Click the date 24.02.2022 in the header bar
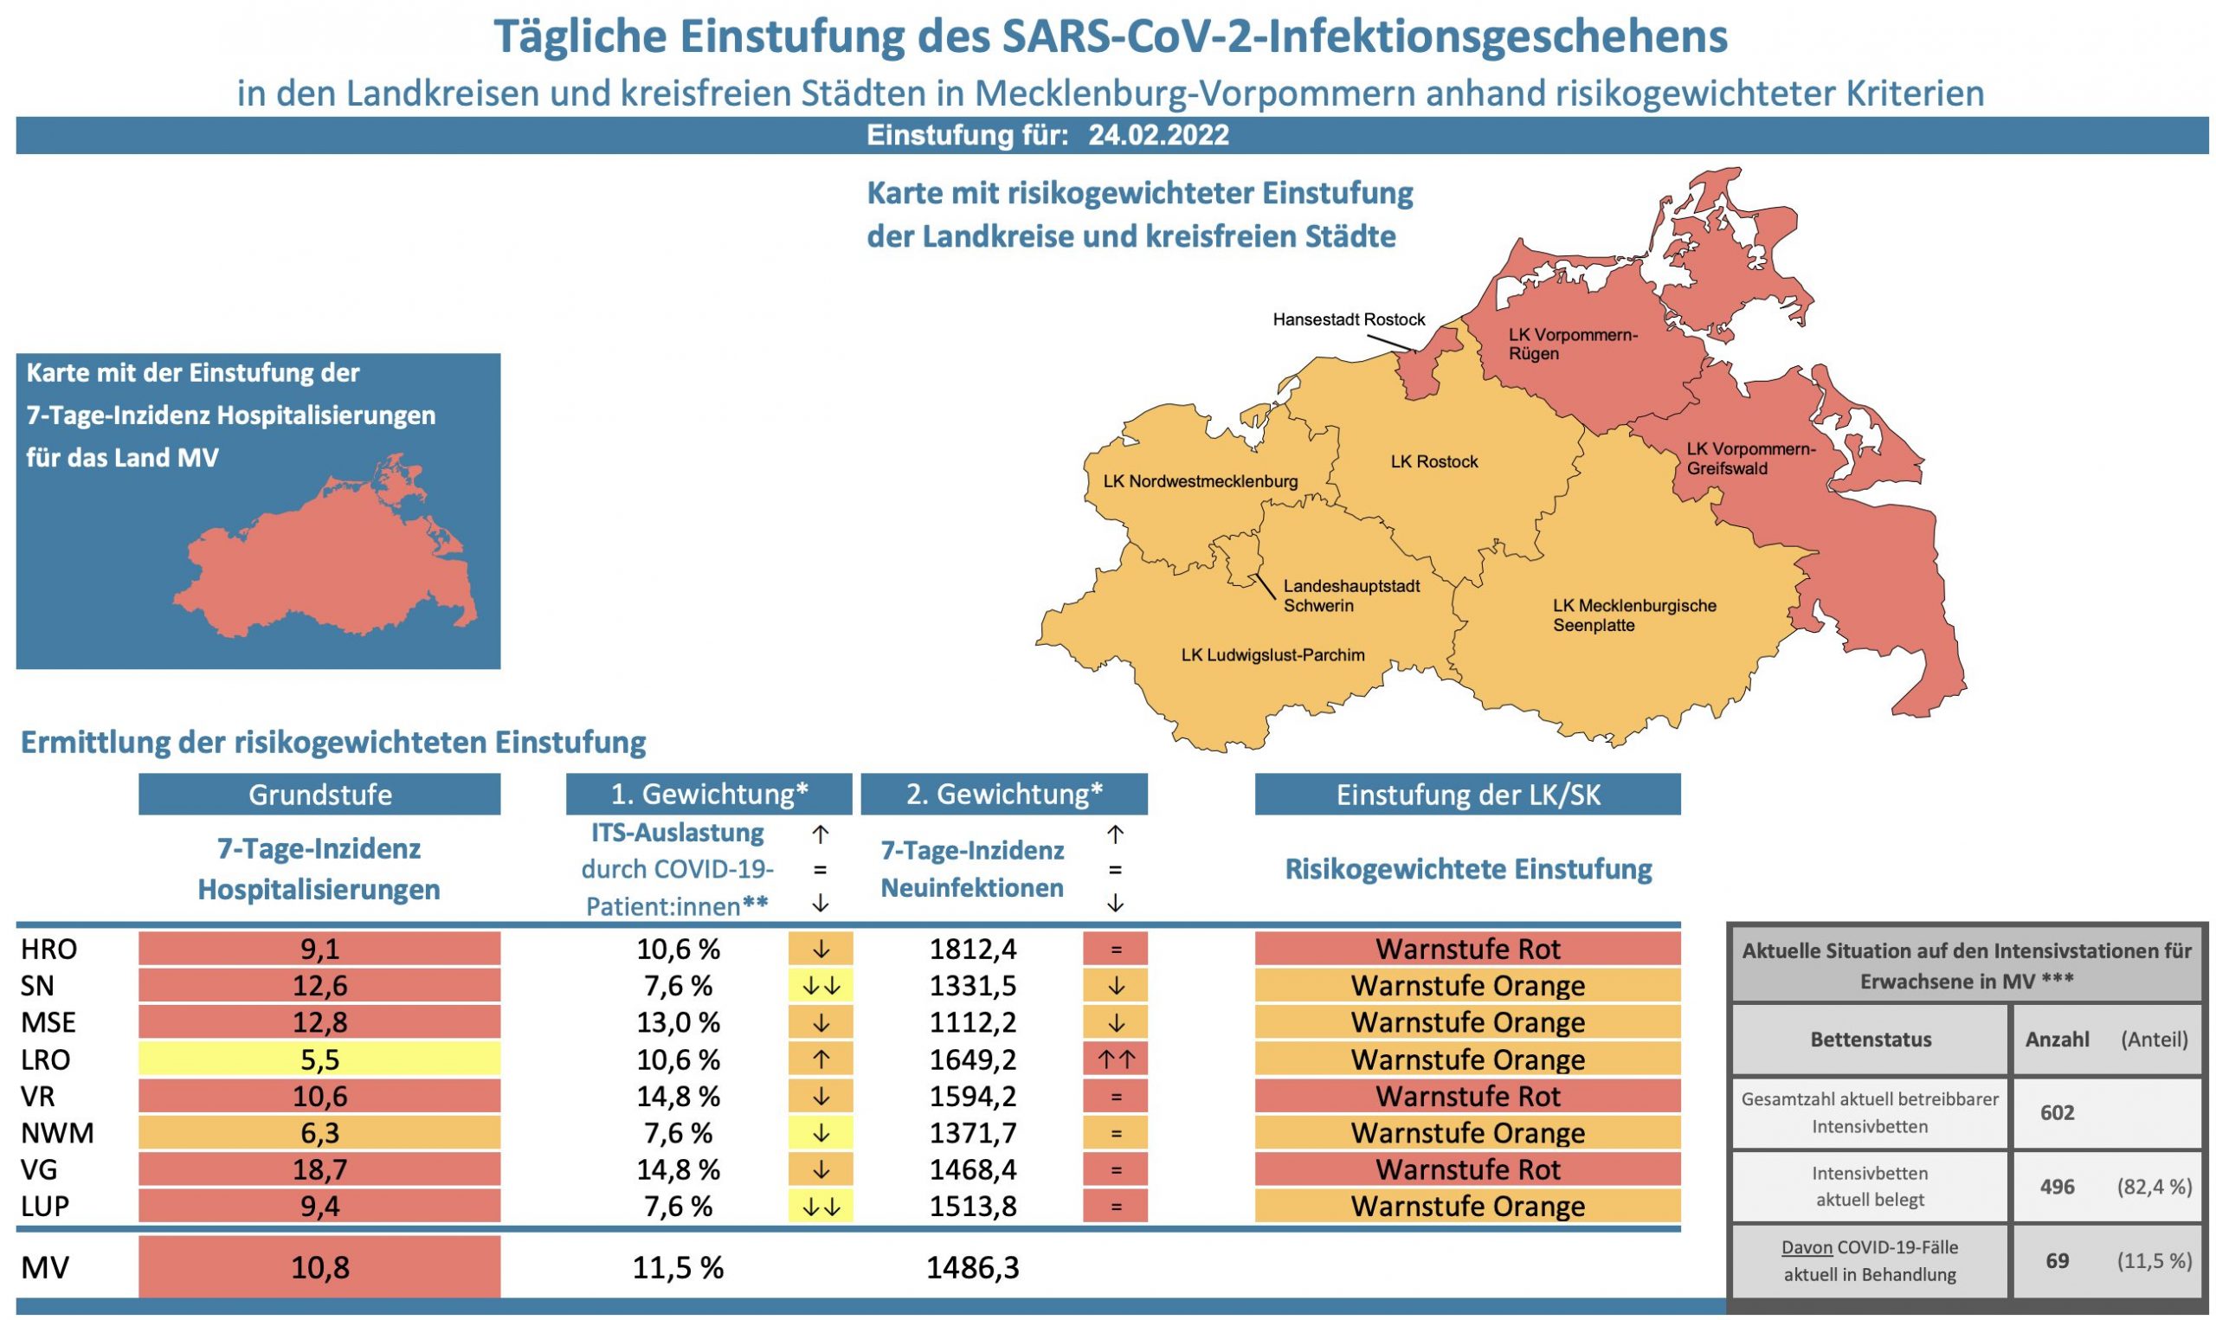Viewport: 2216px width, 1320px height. click(x=1158, y=135)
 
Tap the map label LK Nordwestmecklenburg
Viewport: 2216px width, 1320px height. click(x=1200, y=481)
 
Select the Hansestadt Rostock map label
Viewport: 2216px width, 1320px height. click(x=1348, y=319)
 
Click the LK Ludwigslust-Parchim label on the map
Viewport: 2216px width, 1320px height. click(x=1272, y=655)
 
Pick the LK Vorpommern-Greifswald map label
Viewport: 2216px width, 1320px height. click(x=1750, y=459)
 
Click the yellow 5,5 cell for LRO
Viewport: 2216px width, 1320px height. click(x=319, y=1059)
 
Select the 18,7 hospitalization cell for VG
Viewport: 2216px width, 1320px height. click(x=319, y=1169)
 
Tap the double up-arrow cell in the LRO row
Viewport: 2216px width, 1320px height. click(x=1115, y=1059)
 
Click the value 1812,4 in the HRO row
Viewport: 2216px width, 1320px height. click(x=972, y=949)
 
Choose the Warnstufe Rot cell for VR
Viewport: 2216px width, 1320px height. click(x=1467, y=1096)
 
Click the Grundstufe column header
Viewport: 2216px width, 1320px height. click(x=319, y=795)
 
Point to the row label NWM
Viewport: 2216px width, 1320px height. click(x=57, y=1133)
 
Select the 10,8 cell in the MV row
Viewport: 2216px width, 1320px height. click(x=319, y=1267)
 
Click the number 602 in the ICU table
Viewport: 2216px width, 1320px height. click(x=2057, y=1113)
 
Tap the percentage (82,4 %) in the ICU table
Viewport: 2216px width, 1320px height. click(x=2154, y=1187)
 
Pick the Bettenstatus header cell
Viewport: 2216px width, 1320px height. click(x=1870, y=1040)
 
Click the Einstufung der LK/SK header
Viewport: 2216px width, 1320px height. click(x=1467, y=795)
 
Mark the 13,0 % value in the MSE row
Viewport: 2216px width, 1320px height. click(x=678, y=1023)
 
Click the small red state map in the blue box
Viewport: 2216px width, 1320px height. click(x=329, y=560)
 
